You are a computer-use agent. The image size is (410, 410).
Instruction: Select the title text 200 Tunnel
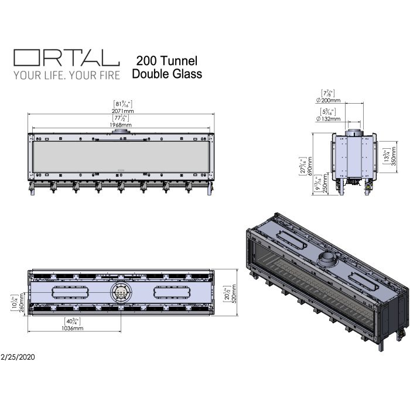click(x=167, y=60)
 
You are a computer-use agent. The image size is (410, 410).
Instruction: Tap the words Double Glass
click(x=167, y=74)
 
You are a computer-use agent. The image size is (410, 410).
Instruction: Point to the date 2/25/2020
click(x=19, y=356)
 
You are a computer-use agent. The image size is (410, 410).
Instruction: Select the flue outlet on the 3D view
click(x=325, y=257)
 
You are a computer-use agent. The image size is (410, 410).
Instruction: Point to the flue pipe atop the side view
click(x=353, y=131)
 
